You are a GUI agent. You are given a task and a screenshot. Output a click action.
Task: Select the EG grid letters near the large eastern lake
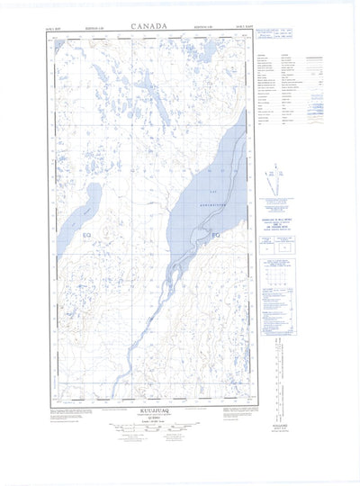214,236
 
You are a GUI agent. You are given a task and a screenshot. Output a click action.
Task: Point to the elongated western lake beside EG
76,225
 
